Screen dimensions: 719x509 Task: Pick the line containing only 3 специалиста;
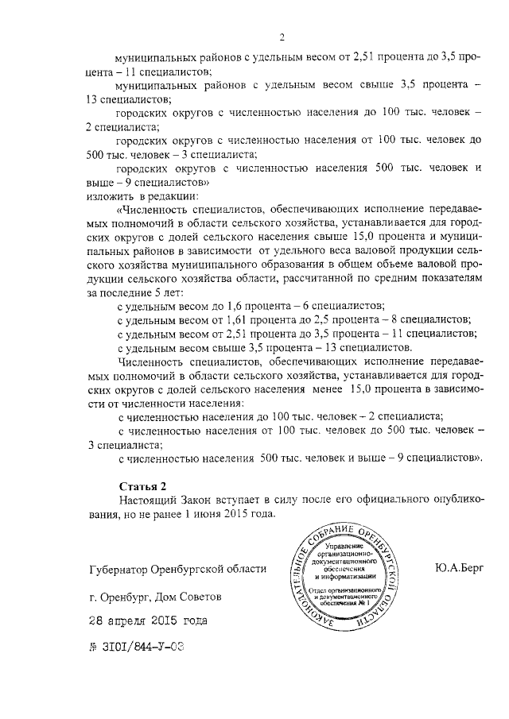[x=122, y=445]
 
